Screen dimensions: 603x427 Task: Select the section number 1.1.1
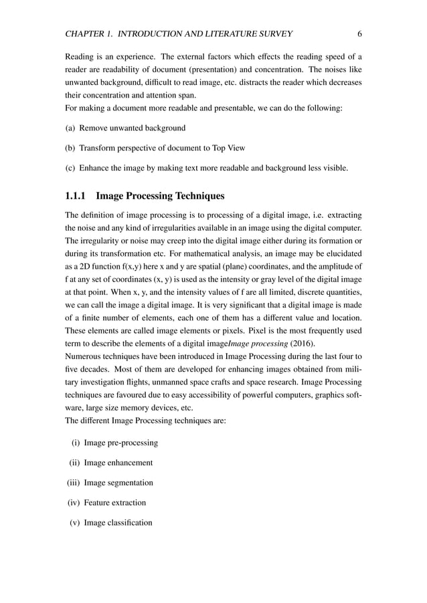point(76,197)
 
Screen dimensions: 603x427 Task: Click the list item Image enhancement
point(118,463)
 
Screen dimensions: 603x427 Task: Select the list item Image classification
point(118,523)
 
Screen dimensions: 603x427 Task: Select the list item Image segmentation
point(119,483)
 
